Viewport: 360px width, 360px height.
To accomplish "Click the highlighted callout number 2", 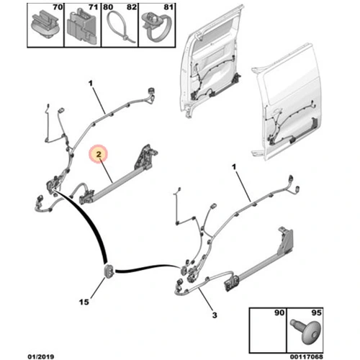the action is (99, 154).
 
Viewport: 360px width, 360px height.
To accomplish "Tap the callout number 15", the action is (84, 302).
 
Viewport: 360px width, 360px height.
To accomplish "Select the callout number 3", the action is (215, 315).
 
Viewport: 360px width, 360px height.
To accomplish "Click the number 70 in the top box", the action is (58, 7).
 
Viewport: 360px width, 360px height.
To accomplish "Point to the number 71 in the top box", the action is (93, 7).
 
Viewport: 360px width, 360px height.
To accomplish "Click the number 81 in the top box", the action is (168, 7).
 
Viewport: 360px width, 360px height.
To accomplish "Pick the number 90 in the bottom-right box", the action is (279, 312).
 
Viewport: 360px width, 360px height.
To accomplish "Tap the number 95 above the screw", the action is (316, 312).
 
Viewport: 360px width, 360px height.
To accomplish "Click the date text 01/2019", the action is (41, 356).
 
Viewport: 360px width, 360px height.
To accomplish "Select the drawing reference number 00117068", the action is (307, 356).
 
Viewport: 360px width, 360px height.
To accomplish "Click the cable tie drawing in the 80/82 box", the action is (120, 28).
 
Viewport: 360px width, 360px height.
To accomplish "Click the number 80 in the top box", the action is (108, 7).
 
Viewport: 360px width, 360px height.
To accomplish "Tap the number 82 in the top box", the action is (132, 7).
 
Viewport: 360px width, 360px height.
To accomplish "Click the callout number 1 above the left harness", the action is (91, 84).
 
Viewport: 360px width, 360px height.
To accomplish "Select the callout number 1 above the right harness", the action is (234, 166).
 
